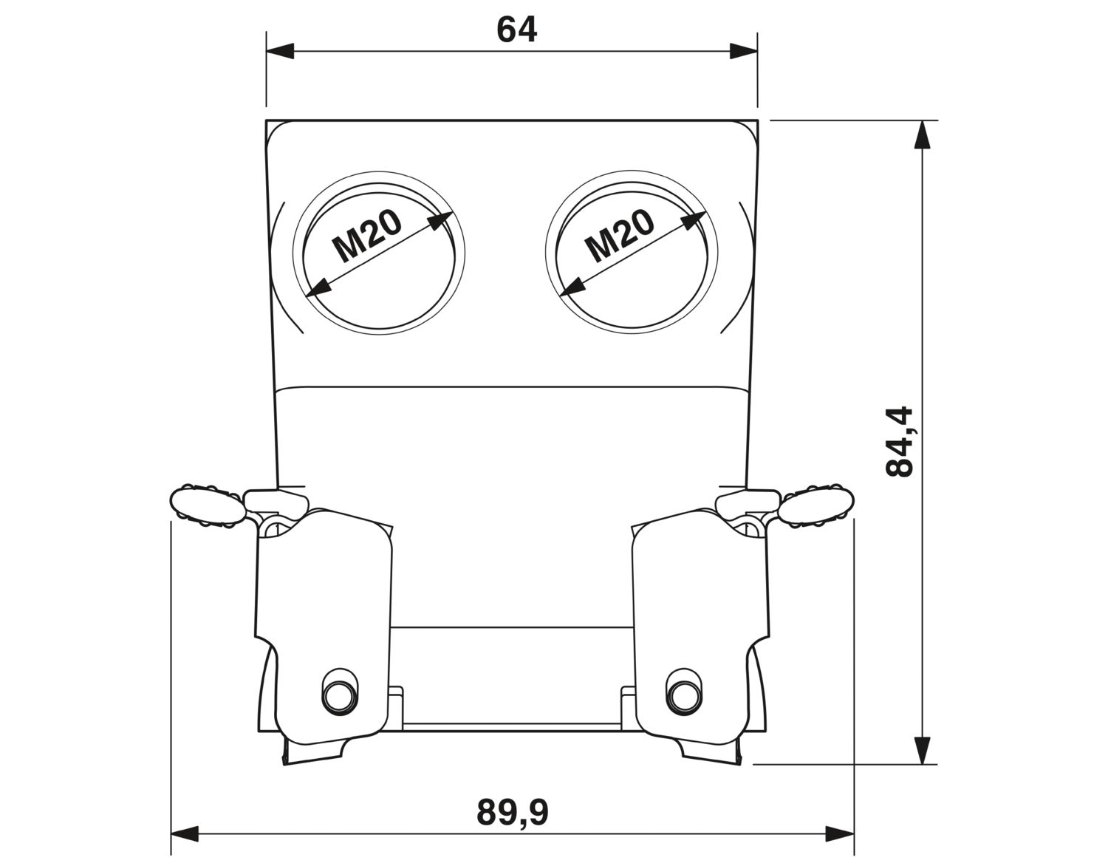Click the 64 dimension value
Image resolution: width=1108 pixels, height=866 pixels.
(516, 30)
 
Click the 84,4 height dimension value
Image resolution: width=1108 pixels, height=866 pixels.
(898, 442)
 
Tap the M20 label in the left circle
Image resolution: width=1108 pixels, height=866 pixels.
(367, 236)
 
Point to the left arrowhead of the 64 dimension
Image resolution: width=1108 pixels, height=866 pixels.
(280, 51)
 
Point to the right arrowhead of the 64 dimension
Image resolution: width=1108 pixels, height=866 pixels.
(743, 51)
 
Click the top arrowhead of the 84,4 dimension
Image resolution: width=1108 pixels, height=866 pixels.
(921, 134)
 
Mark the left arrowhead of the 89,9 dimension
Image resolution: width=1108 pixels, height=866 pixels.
(185, 834)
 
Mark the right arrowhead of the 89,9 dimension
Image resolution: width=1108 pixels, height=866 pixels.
(841, 834)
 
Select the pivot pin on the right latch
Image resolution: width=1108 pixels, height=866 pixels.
(685, 695)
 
